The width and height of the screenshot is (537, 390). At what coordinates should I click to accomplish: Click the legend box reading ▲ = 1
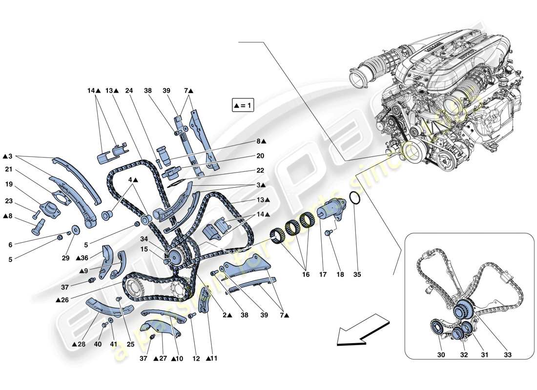point(243,105)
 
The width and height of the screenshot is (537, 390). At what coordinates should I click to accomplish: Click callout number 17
point(322,275)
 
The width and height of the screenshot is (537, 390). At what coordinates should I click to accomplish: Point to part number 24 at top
point(129,91)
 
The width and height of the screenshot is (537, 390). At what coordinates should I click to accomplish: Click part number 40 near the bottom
point(98,345)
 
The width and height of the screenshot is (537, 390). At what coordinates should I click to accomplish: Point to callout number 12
point(196,359)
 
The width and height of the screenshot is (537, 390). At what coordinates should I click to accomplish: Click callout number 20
point(260,156)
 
